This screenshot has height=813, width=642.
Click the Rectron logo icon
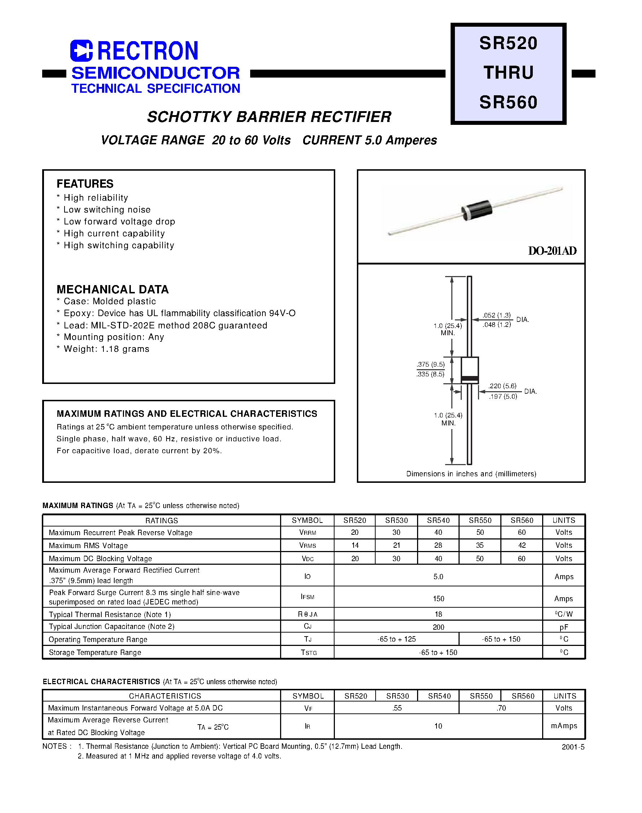pyautogui.click(x=81, y=51)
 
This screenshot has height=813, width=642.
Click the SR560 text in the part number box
pyautogui.click(x=508, y=102)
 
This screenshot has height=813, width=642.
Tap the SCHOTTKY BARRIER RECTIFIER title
pyautogui.click(x=269, y=117)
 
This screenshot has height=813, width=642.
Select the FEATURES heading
pyautogui.click(x=85, y=184)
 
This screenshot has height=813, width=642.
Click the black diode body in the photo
pyautogui.click(x=477, y=210)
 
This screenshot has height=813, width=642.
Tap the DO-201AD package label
pyautogui.click(x=552, y=251)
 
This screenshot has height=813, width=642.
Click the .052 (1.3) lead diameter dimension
pyautogui.click(x=496, y=315)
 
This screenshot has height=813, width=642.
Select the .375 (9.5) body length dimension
pyautogui.click(x=430, y=364)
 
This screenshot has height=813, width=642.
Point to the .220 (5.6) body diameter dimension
pyautogui.click(x=502, y=386)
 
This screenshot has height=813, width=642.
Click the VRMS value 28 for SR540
pyautogui.click(x=438, y=545)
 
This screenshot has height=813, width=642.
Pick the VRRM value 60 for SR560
pyautogui.click(x=522, y=532)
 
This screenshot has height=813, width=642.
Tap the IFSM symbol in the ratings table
pyautogui.click(x=307, y=597)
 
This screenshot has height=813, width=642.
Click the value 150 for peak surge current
pyautogui.click(x=438, y=599)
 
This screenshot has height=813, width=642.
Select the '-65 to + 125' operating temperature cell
pyautogui.click(x=397, y=639)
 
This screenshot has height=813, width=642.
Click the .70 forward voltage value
pyautogui.click(x=501, y=708)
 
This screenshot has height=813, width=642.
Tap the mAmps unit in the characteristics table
pyautogui.click(x=564, y=726)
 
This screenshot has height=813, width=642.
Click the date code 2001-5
pyautogui.click(x=573, y=747)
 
